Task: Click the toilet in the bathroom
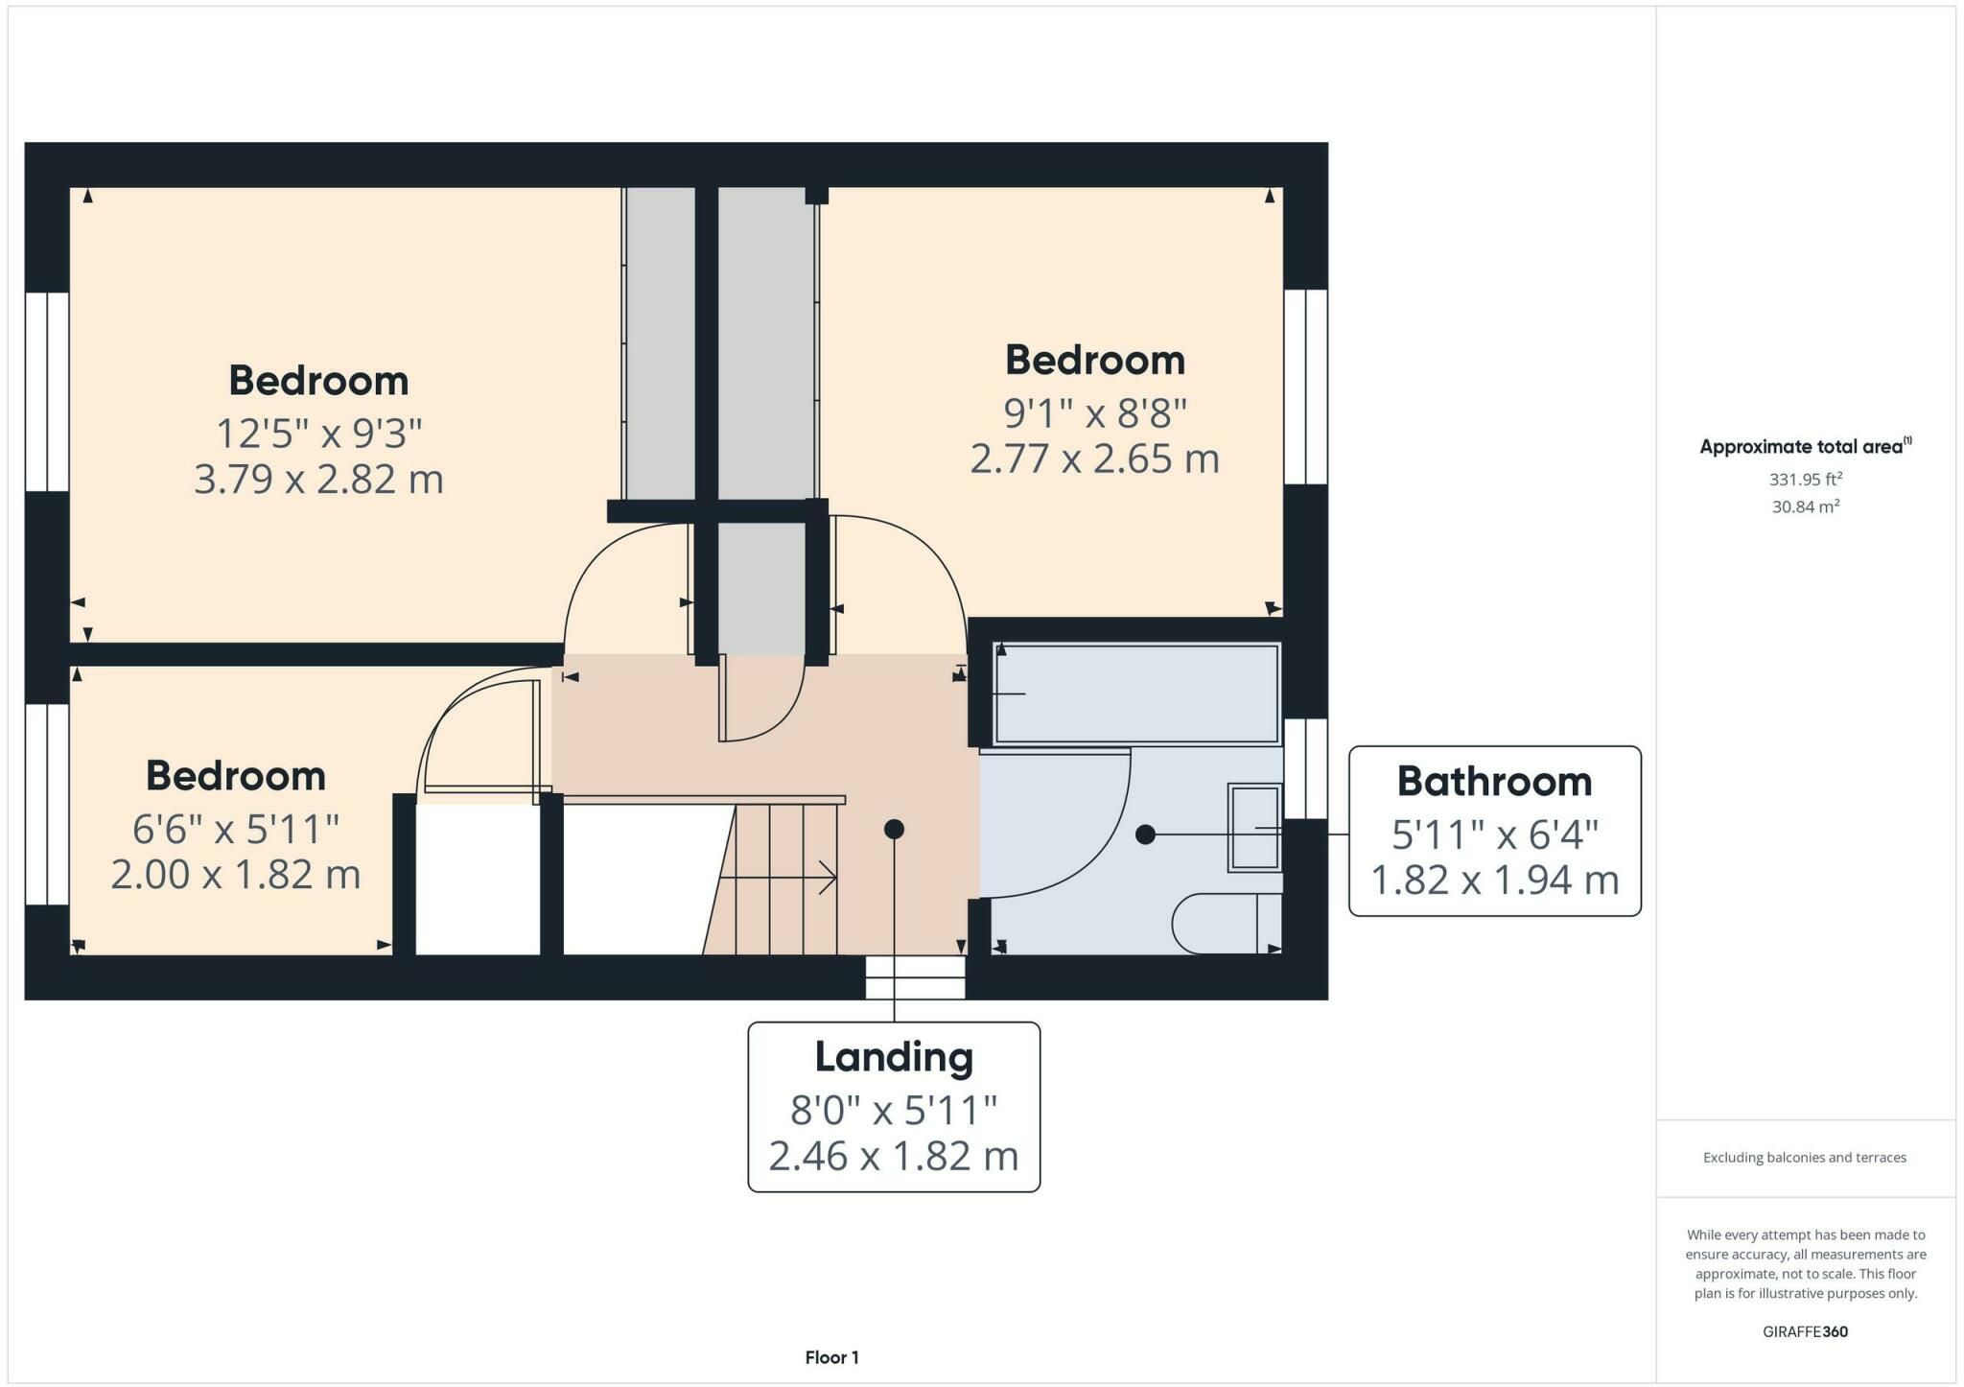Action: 1227,924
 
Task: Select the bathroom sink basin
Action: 1254,828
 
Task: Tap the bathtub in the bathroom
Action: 1137,693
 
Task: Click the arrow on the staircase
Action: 778,877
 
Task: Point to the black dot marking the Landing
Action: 894,829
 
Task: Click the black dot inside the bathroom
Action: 1145,835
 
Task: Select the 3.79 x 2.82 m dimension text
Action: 318,479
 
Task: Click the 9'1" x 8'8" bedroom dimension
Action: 1095,413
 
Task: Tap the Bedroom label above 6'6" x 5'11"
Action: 236,776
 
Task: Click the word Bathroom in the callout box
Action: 1494,782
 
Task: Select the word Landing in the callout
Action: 894,1057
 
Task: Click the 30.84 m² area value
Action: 1805,506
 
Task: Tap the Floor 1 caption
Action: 832,1357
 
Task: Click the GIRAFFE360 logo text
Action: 1805,1331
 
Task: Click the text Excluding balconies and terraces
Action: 1805,1158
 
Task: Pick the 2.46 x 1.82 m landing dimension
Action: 894,1156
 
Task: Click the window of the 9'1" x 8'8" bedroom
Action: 1305,387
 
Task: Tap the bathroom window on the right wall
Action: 1305,768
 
